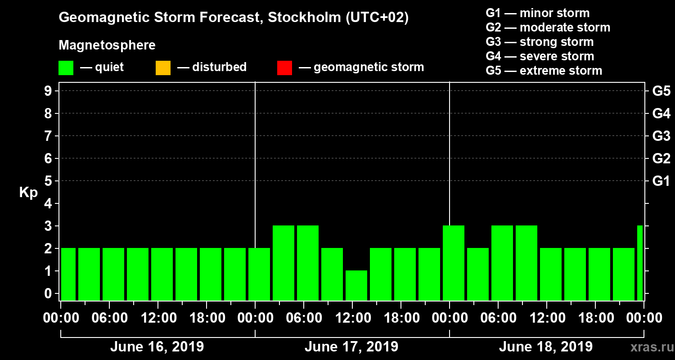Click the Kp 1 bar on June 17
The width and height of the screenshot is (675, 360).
tap(356, 285)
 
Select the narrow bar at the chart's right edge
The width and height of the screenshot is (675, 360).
tap(640, 263)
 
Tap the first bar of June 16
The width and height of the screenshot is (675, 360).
tap(68, 274)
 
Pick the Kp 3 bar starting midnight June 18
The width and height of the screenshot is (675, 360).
tap(454, 263)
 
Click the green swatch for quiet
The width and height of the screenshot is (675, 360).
tap(66, 68)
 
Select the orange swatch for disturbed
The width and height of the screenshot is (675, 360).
tap(163, 68)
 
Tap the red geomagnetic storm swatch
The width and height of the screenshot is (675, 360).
tap(284, 68)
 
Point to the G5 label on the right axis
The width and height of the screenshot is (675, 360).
tap(661, 91)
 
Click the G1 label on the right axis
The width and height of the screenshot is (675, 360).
tap(661, 181)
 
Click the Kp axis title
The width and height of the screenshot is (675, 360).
tap(28, 193)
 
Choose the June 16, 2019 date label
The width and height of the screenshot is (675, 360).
tap(157, 347)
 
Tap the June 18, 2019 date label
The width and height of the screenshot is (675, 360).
tap(545, 347)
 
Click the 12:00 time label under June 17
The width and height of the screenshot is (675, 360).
tap(352, 318)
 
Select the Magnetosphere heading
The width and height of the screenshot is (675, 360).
tap(107, 45)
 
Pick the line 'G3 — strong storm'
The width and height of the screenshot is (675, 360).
tap(540, 42)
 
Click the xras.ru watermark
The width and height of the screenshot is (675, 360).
tap(648, 347)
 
